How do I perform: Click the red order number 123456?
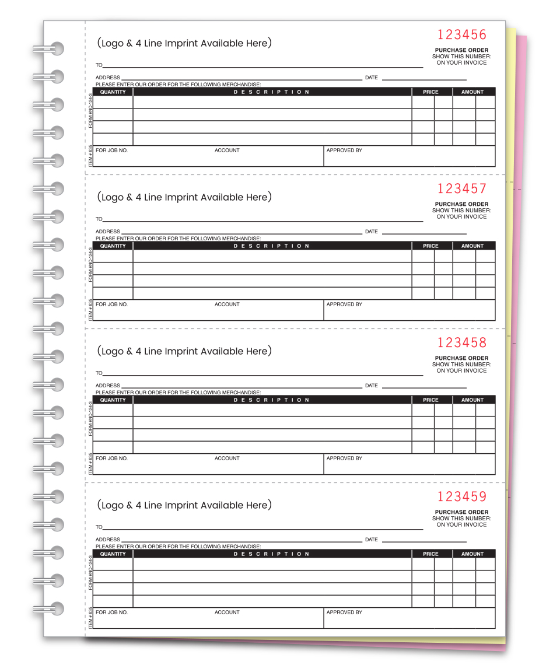tap(461, 34)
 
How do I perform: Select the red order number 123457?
tap(461, 188)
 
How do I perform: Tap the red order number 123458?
tap(461, 342)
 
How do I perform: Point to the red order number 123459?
tap(461, 496)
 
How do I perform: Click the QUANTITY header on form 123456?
tap(113, 92)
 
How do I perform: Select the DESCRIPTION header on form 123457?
tap(272, 246)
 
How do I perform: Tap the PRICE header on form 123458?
tap(430, 400)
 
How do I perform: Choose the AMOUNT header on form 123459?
tap(472, 554)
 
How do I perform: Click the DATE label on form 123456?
tap(371, 78)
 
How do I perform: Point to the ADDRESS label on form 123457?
tap(108, 232)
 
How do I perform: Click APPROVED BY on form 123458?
tap(344, 459)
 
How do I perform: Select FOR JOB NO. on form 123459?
tap(111, 612)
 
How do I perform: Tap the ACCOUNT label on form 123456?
tap(227, 150)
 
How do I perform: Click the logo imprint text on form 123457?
tap(184, 197)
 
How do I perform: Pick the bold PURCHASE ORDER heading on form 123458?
tap(461, 358)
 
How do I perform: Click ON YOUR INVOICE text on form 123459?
tap(461, 524)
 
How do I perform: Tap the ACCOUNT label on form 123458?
tap(227, 459)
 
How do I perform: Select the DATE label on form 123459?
tap(371, 540)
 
